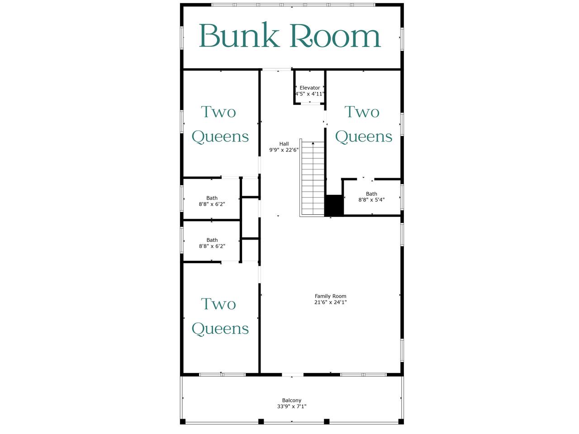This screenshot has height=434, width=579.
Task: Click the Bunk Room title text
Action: (289, 35)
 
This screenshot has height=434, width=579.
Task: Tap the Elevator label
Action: (310, 88)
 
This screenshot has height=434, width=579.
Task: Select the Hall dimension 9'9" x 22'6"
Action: (284, 150)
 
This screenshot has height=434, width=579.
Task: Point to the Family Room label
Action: (330, 296)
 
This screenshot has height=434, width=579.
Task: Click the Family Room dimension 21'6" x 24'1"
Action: (330, 302)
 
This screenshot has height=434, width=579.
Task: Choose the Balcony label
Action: (291, 400)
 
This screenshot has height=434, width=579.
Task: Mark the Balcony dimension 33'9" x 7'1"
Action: (291, 406)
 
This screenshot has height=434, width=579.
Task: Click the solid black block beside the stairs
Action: (334, 206)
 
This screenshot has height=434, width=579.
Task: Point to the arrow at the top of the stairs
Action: (313, 143)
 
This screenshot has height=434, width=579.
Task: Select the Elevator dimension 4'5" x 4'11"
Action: (310, 94)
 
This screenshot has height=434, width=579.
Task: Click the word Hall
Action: (284, 144)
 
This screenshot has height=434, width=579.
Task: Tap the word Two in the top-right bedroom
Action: (362, 112)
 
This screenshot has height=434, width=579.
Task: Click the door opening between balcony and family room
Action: (293, 374)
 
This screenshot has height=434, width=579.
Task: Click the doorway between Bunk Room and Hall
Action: (276, 70)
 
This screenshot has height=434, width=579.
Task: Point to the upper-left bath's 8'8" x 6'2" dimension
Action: (212, 204)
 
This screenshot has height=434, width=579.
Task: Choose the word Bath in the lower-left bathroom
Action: (212, 240)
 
